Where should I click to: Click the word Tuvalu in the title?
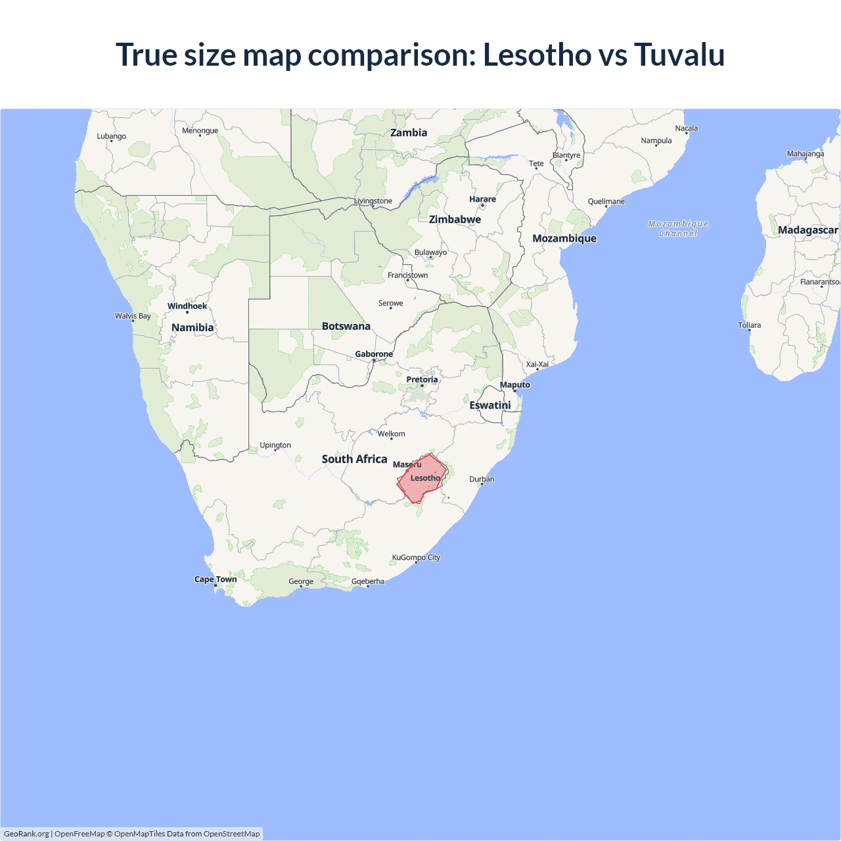[x=679, y=55]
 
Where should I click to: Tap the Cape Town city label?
[x=216, y=580]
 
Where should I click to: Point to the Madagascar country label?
[x=807, y=230]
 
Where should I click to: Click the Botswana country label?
[x=346, y=327]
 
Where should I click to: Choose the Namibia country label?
[x=193, y=328]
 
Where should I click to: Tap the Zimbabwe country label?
[x=455, y=219]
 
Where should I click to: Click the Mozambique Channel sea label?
[x=678, y=229]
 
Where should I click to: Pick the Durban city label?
[x=482, y=479]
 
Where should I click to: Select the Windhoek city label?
[x=187, y=306]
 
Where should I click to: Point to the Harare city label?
[x=482, y=199]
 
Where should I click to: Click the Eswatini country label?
[x=490, y=405]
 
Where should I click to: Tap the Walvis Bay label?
[x=133, y=316]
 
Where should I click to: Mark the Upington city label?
[x=275, y=445]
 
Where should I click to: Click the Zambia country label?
[x=409, y=133]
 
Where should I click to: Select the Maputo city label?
[x=515, y=385]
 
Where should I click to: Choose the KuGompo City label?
[x=416, y=558]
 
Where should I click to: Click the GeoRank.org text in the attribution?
[x=26, y=834]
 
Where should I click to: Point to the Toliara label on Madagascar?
[x=749, y=325]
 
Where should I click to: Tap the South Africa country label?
[x=354, y=459]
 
